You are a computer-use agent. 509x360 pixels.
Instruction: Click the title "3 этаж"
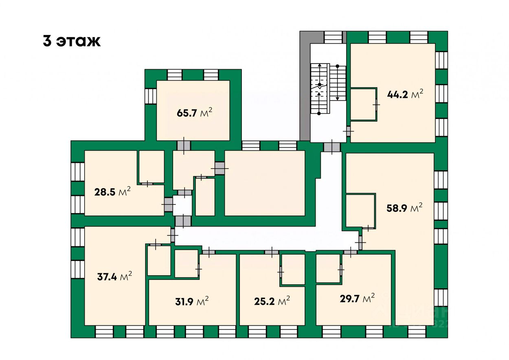click(x=72, y=41)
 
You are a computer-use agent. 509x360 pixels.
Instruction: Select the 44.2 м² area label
click(x=404, y=95)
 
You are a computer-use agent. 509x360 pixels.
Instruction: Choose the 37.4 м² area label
click(x=114, y=277)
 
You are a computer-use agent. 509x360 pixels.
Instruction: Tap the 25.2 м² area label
click(x=272, y=302)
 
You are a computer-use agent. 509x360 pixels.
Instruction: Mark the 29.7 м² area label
click(x=357, y=299)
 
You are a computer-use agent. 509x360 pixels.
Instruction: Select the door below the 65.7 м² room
click(x=184, y=145)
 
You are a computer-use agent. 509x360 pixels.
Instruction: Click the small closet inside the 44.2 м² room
click(x=362, y=104)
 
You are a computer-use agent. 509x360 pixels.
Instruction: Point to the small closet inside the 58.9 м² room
click(x=360, y=210)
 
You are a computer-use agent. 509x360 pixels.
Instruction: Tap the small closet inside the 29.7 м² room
click(x=328, y=268)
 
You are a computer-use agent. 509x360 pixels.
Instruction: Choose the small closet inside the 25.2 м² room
click(x=293, y=269)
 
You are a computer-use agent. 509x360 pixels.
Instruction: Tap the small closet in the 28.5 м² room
click(x=151, y=167)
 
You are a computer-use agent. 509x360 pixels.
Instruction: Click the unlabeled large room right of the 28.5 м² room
click(x=265, y=183)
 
